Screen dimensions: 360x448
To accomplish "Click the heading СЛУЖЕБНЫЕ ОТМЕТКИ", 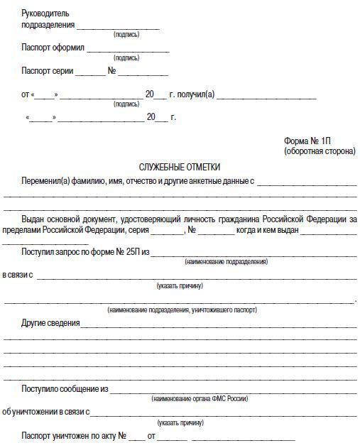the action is [180, 167].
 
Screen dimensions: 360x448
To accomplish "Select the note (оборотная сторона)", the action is [320, 151].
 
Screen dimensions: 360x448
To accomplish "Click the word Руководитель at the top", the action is [46, 13].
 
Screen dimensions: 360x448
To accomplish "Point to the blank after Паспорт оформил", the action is [128, 50].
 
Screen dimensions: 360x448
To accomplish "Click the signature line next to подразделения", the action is [117, 26].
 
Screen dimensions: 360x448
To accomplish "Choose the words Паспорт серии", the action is [46, 72].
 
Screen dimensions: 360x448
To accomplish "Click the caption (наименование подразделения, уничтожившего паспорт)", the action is [182, 310].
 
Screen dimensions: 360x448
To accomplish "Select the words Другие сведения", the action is [50, 324].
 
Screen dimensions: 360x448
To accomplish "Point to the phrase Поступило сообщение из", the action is [65, 389].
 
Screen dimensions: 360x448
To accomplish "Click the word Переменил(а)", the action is [46, 181].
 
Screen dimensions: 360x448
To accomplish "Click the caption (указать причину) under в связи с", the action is [180, 286].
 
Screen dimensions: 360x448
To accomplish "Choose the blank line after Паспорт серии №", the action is [142, 72].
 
